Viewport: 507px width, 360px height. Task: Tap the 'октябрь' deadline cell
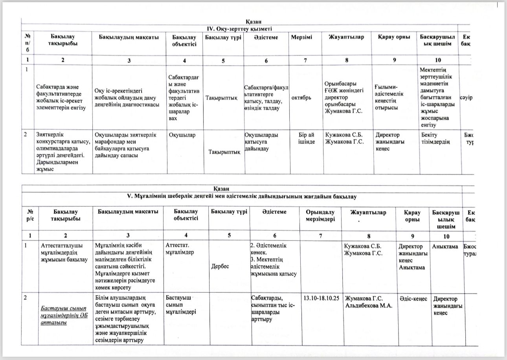click(302, 97)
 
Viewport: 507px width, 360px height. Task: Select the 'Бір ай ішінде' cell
click(307, 138)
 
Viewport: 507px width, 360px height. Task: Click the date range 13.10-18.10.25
click(321, 298)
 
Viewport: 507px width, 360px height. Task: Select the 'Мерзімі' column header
click(302, 37)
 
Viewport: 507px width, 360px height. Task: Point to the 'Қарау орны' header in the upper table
click(394, 37)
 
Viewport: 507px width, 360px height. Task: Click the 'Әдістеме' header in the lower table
click(274, 212)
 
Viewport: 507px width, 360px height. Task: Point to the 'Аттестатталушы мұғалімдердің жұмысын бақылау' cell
click(64, 253)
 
